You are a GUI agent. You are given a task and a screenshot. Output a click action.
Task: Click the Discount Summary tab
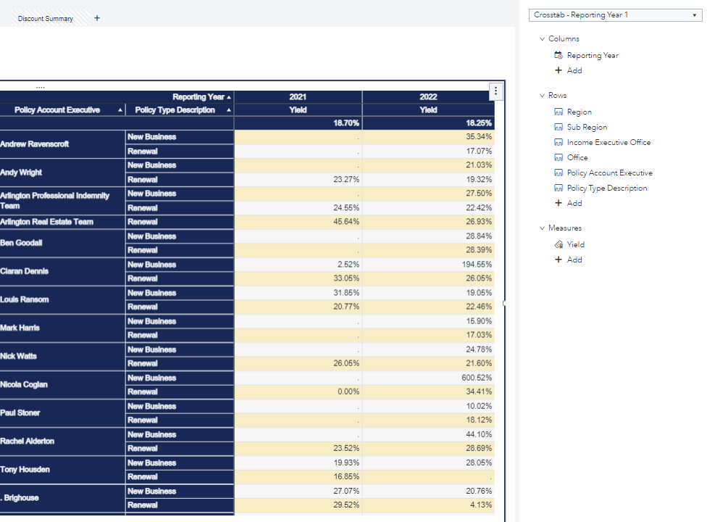pos(45,19)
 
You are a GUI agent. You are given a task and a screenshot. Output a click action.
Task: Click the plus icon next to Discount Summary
pos(97,18)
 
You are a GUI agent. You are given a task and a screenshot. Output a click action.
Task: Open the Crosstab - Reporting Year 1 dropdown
pos(615,14)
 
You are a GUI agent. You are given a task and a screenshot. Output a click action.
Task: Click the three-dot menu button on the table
pos(495,91)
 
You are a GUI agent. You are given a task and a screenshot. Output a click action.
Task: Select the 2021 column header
pos(298,96)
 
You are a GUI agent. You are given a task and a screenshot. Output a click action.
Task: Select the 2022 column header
pos(428,96)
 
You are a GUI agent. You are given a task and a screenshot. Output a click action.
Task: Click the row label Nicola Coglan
pos(24,384)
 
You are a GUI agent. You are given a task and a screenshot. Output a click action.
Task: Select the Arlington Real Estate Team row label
pos(47,222)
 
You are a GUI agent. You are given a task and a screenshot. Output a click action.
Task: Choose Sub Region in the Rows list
pos(587,128)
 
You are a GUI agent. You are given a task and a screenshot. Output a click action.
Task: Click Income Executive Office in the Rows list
pos(608,143)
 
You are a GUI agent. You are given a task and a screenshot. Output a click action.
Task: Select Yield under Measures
pos(575,245)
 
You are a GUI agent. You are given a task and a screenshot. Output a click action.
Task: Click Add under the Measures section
pos(574,260)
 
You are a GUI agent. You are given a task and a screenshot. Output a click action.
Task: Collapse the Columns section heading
pos(563,39)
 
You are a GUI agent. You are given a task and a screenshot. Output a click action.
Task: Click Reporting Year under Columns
pos(592,56)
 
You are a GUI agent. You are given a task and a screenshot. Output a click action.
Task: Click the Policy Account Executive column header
pos(57,110)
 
